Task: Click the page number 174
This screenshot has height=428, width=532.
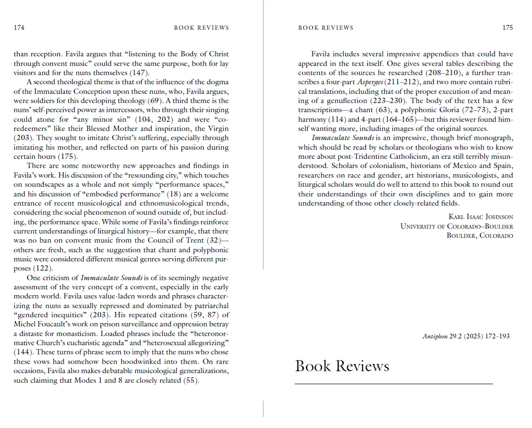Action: (19, 28)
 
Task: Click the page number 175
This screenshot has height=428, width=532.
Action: (507, 28)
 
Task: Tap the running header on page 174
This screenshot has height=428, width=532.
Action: (201, 28)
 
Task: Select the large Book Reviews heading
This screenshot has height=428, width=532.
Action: (342, 366)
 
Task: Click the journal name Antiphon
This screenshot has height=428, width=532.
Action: (435, 337)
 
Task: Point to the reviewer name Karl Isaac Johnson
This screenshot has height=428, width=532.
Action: (480, 217)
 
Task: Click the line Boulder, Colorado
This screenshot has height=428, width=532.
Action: (480, 236)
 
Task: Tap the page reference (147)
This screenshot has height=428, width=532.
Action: (140, 73)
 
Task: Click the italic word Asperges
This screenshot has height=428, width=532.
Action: (368, 82)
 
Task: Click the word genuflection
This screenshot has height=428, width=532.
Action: (347, 101)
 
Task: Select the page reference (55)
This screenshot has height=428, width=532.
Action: (191, 380)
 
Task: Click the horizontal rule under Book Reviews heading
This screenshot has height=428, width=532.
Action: (393, 384)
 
